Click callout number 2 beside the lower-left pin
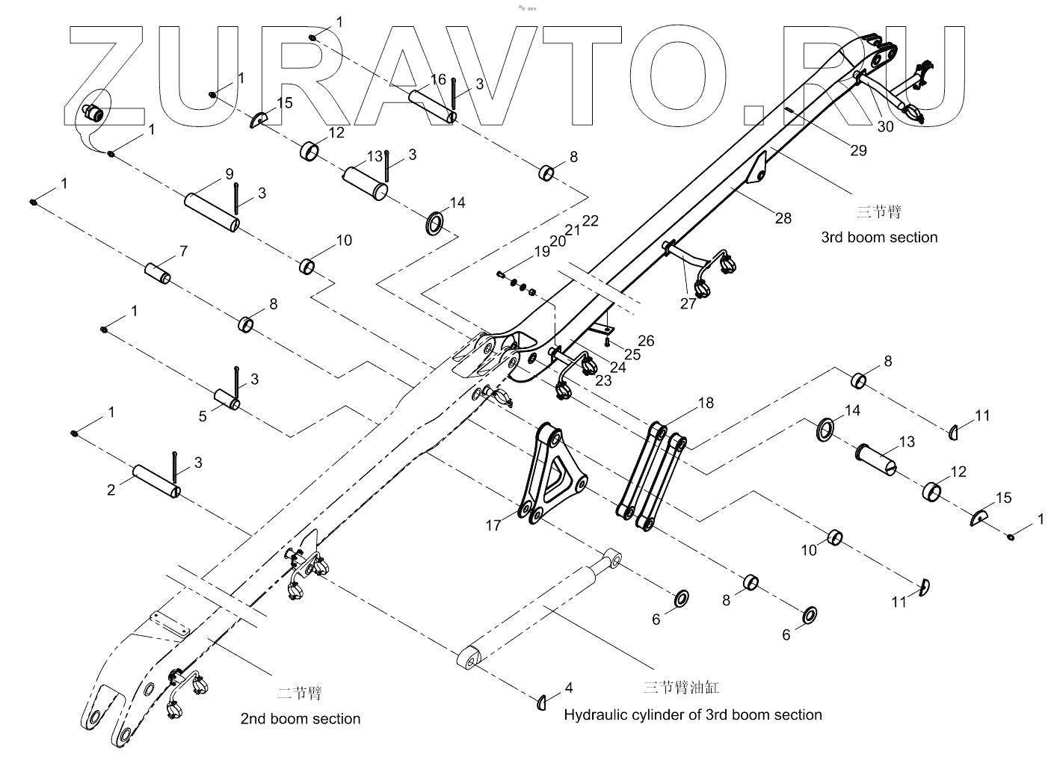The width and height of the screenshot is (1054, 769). [111, 490]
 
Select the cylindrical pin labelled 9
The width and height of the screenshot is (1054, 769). [212, 212]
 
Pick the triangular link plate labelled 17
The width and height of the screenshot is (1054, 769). [553, 473]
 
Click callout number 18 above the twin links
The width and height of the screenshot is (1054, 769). [706, 404]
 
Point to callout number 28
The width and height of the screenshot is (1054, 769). [783, 218]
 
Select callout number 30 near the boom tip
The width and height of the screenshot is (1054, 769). [885, 126]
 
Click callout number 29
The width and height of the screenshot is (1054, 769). [859, 150]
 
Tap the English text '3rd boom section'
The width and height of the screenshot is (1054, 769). [879, 238]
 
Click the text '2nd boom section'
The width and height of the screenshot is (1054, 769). [301, 719]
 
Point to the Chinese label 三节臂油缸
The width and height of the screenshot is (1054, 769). [681, 687]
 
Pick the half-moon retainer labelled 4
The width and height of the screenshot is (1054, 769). [543, 702]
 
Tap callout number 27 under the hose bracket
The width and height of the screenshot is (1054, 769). [688, 303]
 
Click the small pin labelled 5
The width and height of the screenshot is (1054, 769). [227, 401]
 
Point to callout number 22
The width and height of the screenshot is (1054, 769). [591, 220]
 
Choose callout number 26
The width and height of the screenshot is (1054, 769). [646, 341]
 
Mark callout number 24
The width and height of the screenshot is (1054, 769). [617, 366]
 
